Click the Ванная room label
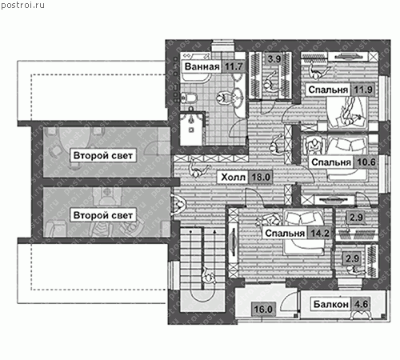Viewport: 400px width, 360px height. (x=202, y=66)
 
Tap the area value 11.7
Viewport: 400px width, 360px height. (x=234, y=66)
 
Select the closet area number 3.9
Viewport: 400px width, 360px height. (x=274, y=58)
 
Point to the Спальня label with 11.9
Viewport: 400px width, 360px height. (x=328, y=90)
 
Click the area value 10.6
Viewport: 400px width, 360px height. (x=366, y=162)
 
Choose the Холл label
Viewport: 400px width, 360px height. (x=233, y=177)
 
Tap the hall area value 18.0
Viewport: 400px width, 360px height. (x=261, y=177)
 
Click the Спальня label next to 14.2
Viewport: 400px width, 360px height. (x=285, y=234)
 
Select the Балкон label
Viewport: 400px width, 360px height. (x=331, y=304)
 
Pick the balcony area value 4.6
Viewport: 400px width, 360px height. (x=361, y=304)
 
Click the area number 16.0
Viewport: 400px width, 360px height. (x=263, y=310)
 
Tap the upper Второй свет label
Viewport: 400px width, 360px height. (x=103, y=155)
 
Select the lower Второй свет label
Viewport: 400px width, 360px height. (x=103, y=215)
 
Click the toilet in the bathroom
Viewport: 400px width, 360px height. (x=189, y=98)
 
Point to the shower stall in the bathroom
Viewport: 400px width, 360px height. (x=191, y=129)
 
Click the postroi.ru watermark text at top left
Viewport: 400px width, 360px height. (x=22, y=5)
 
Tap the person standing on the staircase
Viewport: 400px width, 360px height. (x=208, y=276)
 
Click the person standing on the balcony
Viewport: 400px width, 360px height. (x=362, y=314)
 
